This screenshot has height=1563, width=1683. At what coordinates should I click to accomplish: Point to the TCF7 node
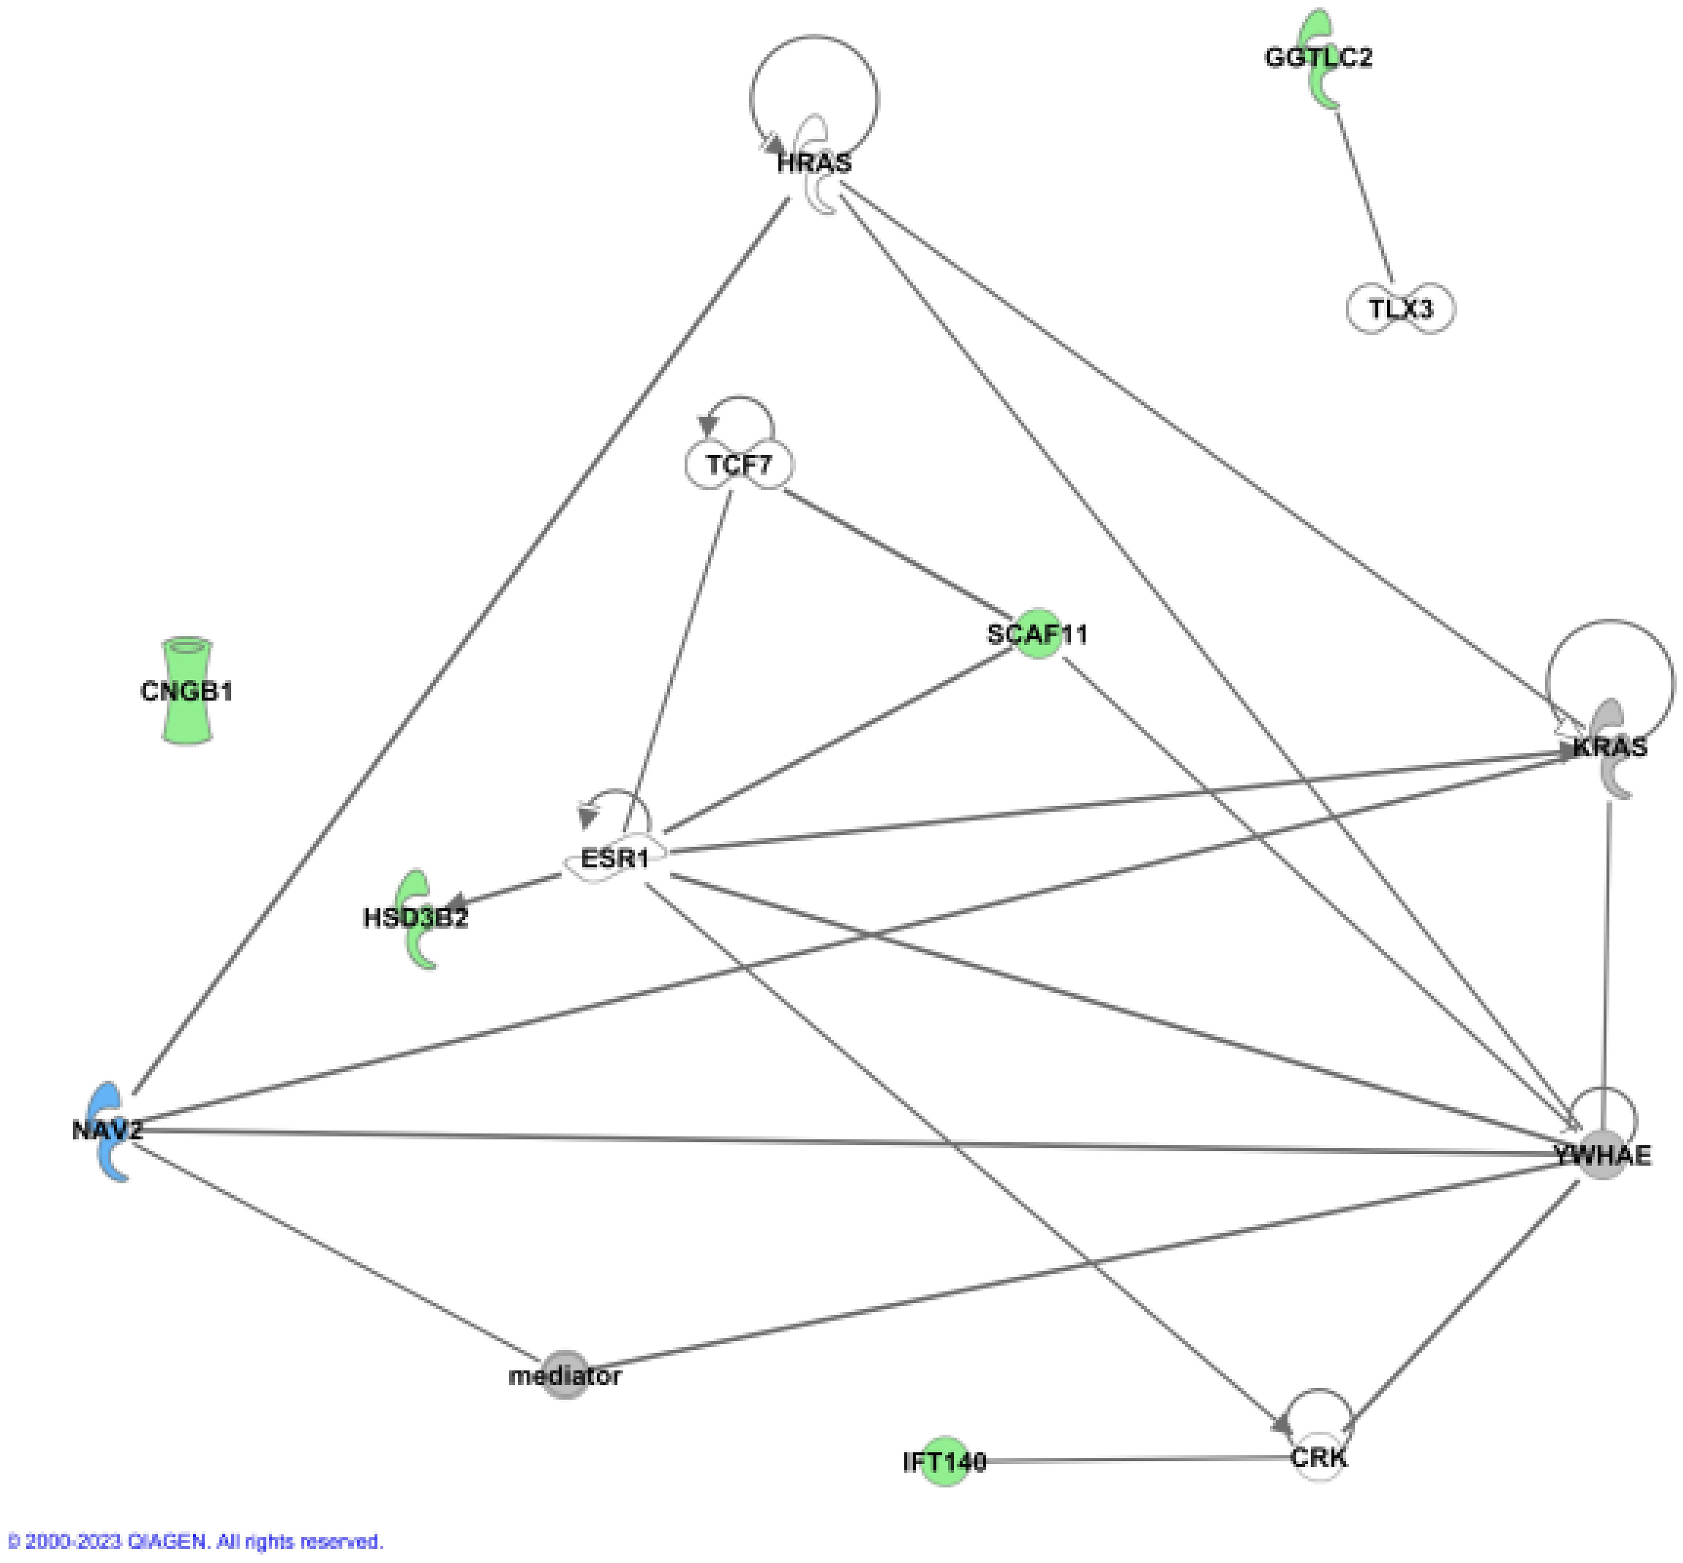739,464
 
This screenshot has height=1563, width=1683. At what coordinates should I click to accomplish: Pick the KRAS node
1609,748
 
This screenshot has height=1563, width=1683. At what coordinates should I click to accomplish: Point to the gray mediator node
564,1376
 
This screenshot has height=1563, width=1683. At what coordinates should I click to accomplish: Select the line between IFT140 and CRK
1134,1460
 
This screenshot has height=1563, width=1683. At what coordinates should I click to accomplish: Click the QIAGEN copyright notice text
195,1541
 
